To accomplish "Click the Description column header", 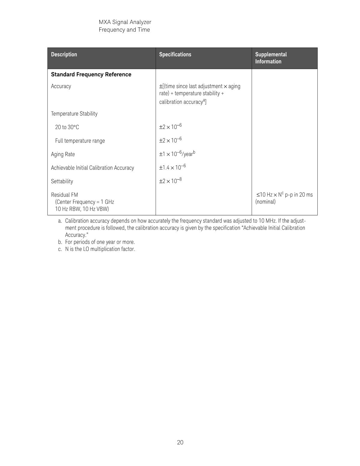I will point(64,54).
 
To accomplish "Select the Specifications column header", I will point(175,54).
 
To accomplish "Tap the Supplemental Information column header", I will point(271,58).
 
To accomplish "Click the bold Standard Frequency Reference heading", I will point(91,75).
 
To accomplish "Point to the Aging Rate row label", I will point(63,154).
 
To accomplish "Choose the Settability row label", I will point(62,181).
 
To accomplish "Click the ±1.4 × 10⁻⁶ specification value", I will point(172,167).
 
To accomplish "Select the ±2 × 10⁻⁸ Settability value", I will point(170,181).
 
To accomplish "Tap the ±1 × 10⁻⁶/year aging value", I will point(177,154).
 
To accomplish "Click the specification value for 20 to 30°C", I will point(170,127).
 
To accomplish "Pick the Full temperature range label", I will point(80,141).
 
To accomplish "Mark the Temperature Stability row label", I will point(74,114).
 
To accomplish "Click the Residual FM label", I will point(64,195).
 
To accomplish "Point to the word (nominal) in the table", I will point(265,202).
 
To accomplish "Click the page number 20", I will point(180,442).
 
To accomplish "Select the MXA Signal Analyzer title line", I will point(125,22).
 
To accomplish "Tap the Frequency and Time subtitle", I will point(124,30).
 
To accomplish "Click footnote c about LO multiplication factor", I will point(97,249).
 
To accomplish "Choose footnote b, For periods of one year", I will point(97,242).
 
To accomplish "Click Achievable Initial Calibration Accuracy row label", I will point(92,168).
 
